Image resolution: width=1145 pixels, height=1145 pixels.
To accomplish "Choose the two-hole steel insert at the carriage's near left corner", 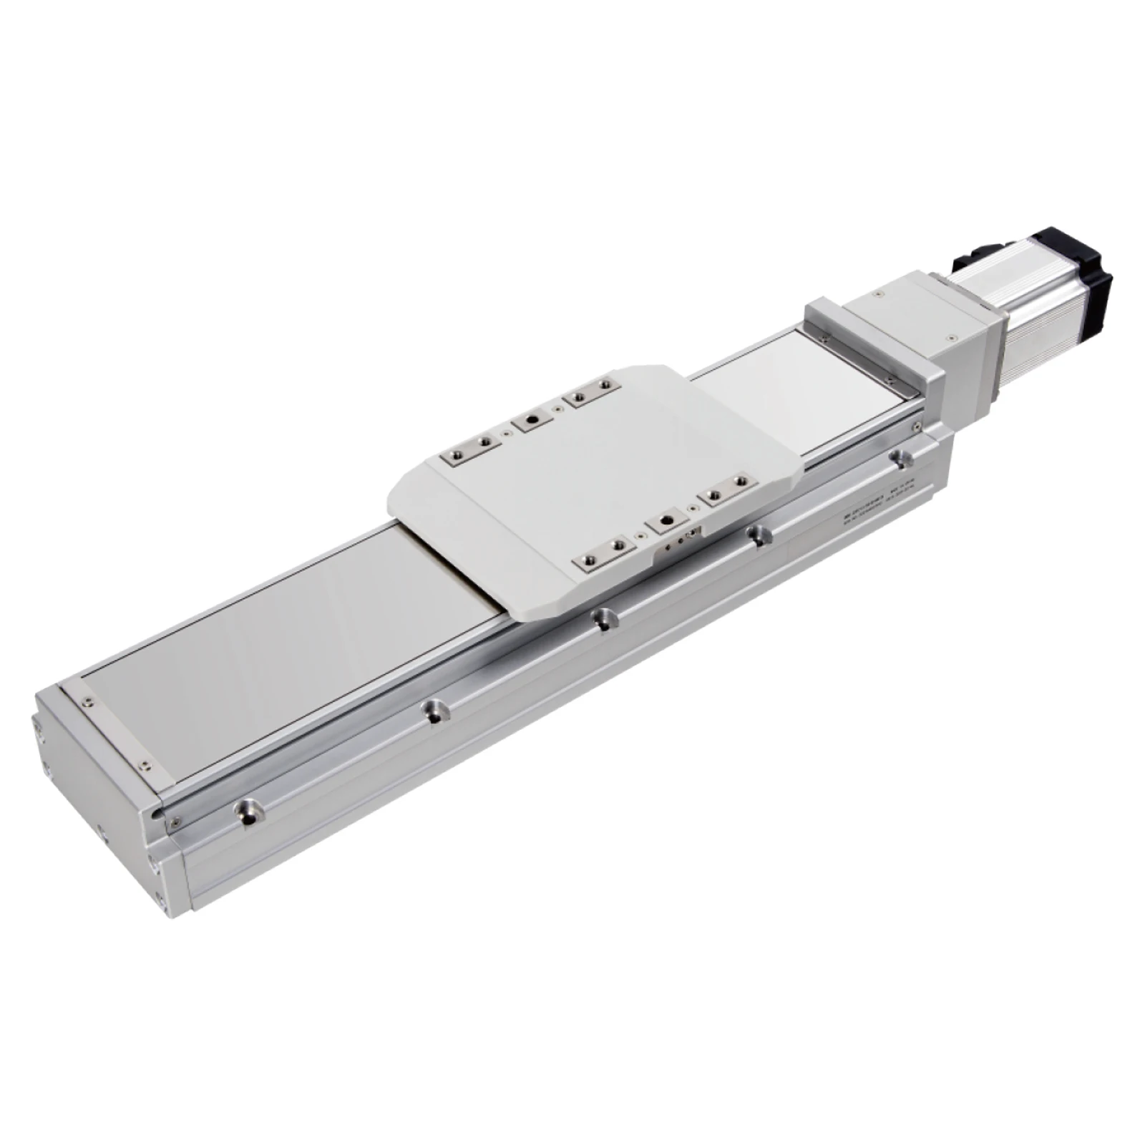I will pyautogui.click(x=602, y=549).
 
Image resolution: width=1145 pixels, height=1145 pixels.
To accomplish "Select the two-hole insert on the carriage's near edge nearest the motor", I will pyautogui.click(x=723, y=495).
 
